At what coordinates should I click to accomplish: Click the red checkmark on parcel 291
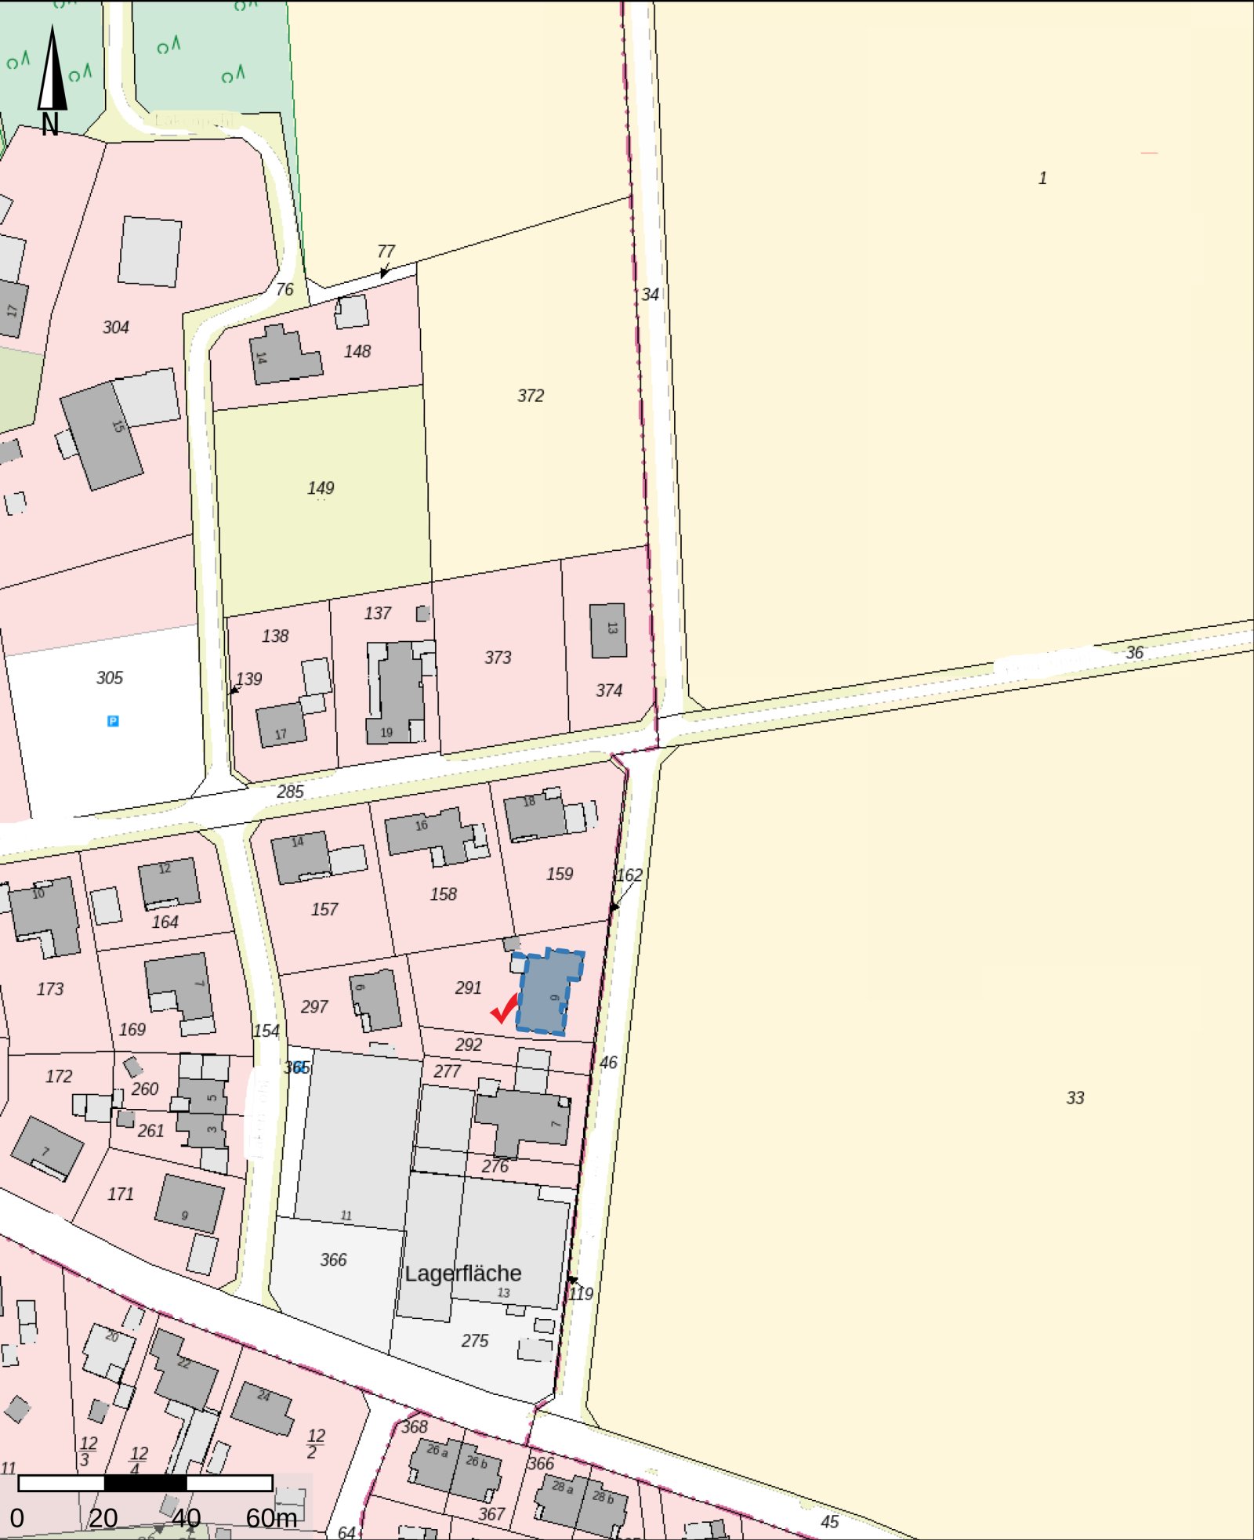[504, 1008]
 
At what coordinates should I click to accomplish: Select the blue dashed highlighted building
[549, 991]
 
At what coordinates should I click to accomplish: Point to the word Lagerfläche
[462, 1274]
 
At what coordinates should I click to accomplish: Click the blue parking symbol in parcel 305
[113, 721]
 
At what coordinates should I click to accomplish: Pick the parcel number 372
[531, 396]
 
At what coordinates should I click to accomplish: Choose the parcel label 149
[321, 488]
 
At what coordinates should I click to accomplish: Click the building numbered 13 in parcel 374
[608, 630]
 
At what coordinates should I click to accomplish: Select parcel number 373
[498, 658]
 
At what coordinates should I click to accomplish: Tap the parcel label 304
[116, 328]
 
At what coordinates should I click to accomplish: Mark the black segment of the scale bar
[146, 1483]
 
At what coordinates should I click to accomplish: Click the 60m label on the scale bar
[271, 1518]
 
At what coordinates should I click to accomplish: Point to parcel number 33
[1075, 1098]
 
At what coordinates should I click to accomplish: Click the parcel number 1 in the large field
[1042, 179]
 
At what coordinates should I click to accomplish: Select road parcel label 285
[290, 792]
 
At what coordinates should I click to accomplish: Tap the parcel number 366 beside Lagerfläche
[333, 1259]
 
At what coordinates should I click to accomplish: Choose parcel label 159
[560, 874]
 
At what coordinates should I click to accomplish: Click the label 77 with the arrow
[386, 252]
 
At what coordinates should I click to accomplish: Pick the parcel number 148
[357, 351]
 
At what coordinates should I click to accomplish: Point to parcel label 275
[475, 1341]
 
